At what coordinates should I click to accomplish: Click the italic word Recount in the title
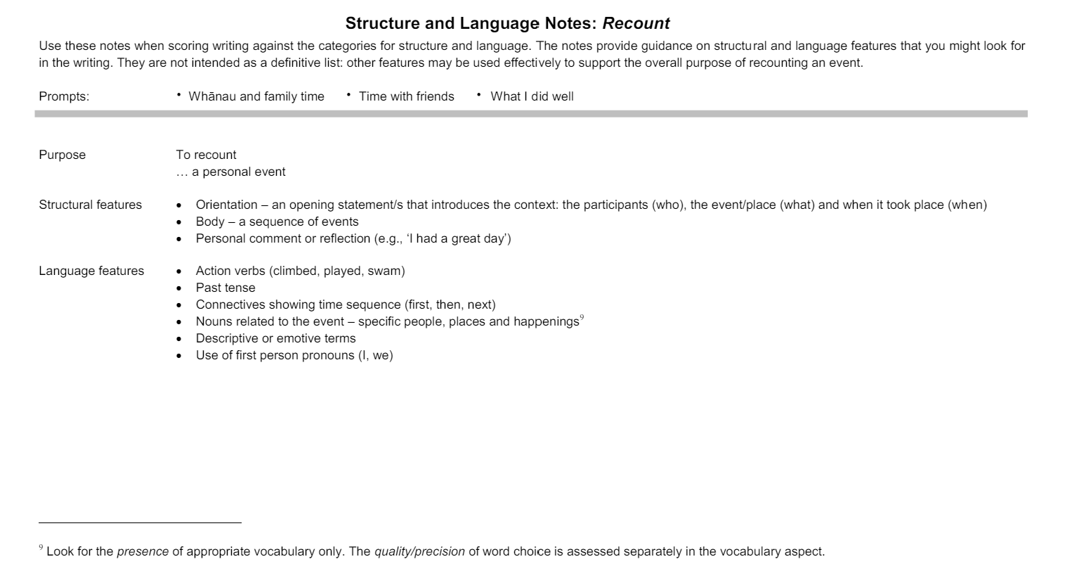pos(636,23)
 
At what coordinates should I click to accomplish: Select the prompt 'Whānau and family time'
pos(256,96)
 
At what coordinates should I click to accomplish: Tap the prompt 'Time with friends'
pos(406,96)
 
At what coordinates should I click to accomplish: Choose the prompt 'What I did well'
pos(532,96)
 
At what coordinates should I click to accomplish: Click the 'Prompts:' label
pos(64,96)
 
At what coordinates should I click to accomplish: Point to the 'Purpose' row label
pos(62,155)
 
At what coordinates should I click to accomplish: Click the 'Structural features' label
pos(90,205)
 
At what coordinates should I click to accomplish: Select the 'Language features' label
pos(91,271)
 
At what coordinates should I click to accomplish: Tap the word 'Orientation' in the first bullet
pos(226,205)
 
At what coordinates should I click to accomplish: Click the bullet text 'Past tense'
pos(225,288)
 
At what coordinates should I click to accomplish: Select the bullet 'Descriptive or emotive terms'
pos(275,338)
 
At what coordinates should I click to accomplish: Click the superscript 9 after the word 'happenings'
pos(582,319)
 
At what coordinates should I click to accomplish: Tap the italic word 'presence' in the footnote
pos(143,551)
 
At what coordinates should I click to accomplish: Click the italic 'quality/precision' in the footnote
pos(419,551)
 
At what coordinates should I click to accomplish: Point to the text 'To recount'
pos(206,155)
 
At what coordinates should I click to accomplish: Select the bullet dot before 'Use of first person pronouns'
pos(179,356)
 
